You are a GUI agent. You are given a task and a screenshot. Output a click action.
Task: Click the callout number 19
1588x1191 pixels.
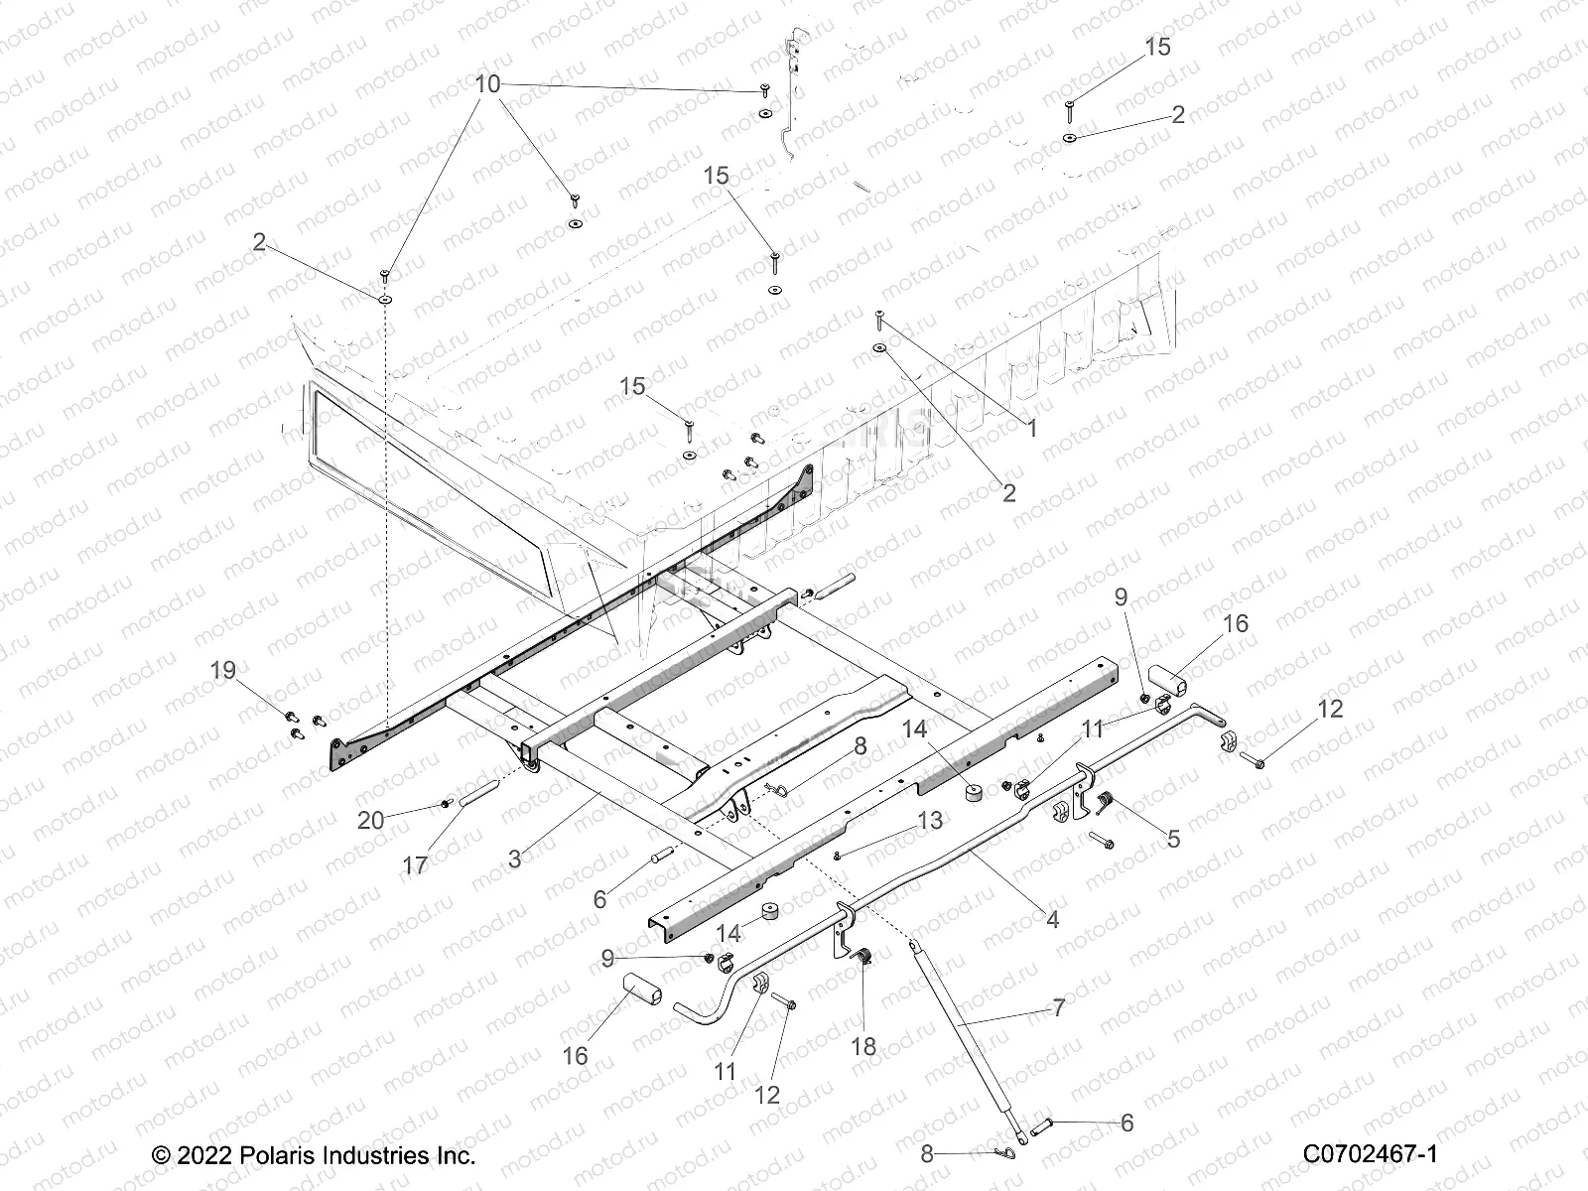pos(223,670)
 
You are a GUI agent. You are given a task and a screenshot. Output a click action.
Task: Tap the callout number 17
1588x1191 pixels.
pos(415,864)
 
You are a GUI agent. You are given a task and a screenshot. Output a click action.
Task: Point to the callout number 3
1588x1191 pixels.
pos(514,859)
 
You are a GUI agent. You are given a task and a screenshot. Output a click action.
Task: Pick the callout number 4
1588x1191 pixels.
pos(1052,919)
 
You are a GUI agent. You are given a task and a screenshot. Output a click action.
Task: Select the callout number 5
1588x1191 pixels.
pos(1173,839)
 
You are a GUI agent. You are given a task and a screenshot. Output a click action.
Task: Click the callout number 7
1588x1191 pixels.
pos(1058,1008)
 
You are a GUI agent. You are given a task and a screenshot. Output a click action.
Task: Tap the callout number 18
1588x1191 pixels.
pos(864,1047)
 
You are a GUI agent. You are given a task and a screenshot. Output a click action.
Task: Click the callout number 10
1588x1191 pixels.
pos(488,84)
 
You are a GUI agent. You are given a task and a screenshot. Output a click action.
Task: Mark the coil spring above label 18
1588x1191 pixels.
pos(863,957)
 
